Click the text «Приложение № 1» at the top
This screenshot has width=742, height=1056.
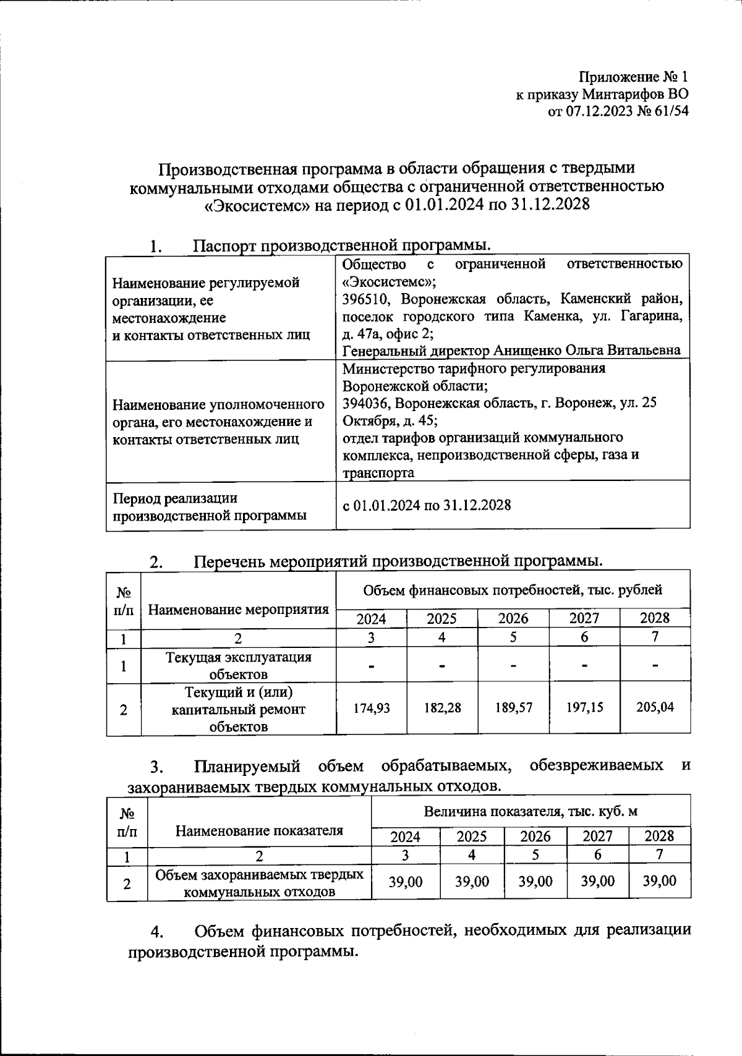[633, 77]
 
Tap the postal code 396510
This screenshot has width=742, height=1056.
[368, 299]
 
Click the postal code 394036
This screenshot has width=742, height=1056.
[367, 403]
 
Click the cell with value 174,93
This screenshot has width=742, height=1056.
[371, 708]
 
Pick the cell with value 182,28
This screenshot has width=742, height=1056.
[442, 708]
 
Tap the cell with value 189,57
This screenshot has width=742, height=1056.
[513, 708]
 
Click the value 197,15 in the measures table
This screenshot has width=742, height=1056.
[584, 708]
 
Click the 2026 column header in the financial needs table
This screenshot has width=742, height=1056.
[513, 618]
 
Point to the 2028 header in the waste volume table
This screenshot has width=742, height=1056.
[659, 836]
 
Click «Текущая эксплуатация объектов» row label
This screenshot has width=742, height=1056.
[238, 665]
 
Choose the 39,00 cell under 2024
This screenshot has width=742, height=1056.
[406, 882]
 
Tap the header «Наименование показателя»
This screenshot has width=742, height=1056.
[259, 830]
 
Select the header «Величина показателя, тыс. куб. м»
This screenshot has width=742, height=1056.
[531, 811]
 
